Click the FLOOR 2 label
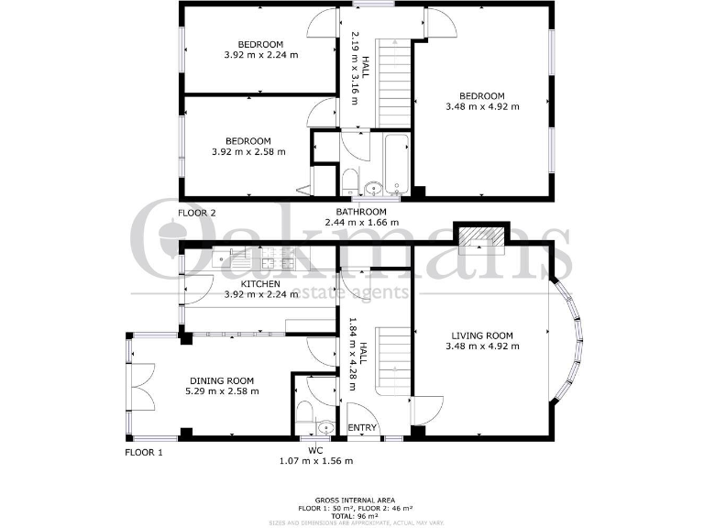pyautogui.click(x=196, y=213)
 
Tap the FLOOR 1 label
pyautogui.click(x=143, y=452)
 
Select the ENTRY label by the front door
pyautogui.click(x=362, y=428)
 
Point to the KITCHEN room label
pyautogui.click(x=260, y=284)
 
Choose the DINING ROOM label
pyautogui.click(x=222, y=380)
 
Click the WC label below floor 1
pyautogui.click(x=316, y=450)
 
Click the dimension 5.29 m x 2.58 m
pyautogui.click(x=222, y=391)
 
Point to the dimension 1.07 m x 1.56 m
pyautogui.click(x=316, y=461)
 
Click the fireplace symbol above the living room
pyautogui.click(x=481, y=236)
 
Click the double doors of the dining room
pyautogui.click(x=141, y=384)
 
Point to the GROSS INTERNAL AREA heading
pyautogui.click(x=352, y=500)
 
